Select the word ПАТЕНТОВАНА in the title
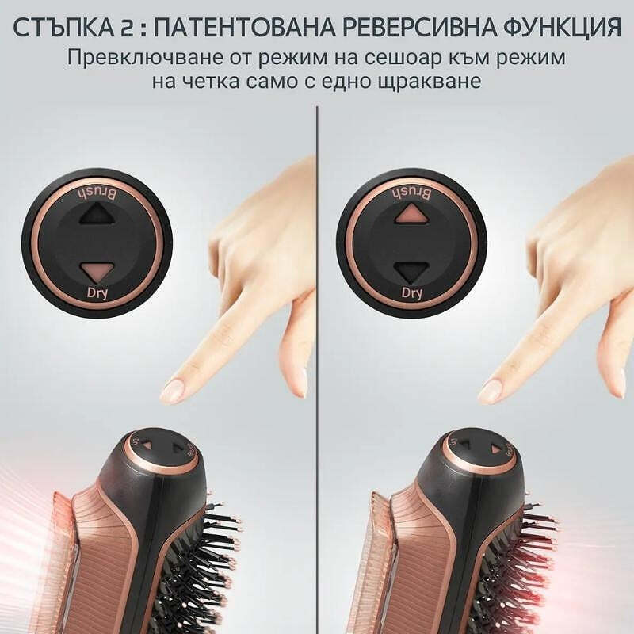[x=245, y=28]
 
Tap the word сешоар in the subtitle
[x=410, y=58]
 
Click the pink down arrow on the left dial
[x=96, y=271]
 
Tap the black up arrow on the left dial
[x=97, y=213]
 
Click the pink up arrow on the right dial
[x=411, y=213]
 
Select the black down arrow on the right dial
[x=411, y=271]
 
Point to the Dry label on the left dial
[x=97, y=292]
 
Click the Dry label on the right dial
[x=411, y=292]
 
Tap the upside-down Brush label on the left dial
[x=97, y=193]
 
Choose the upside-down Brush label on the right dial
[x=411, y=193]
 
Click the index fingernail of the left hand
[x=173, y=389]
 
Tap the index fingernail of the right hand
[x=491, y=390]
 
